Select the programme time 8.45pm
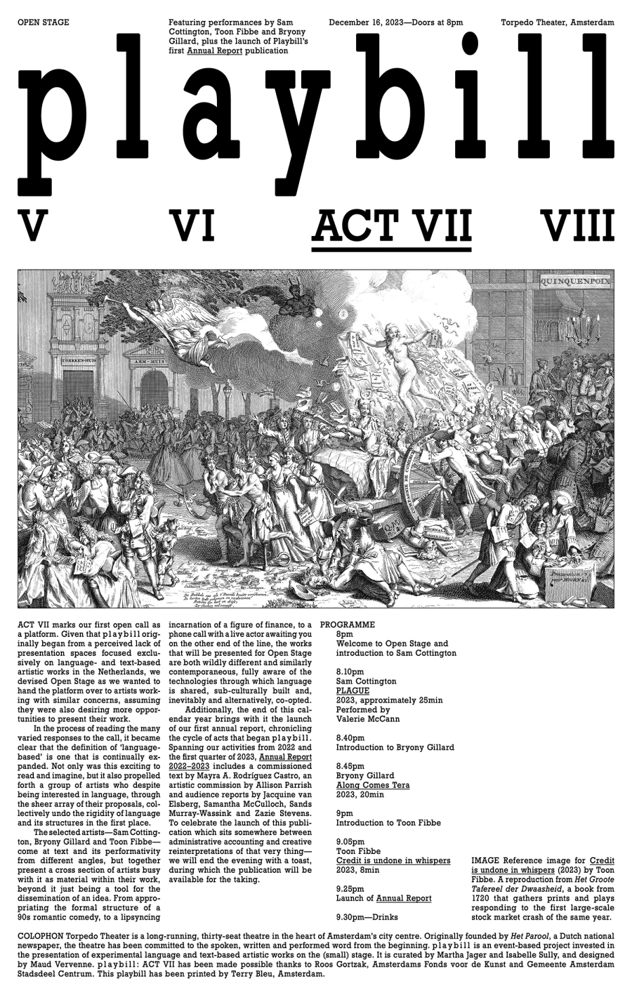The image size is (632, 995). point(350,766)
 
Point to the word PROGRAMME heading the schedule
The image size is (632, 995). point(347,624)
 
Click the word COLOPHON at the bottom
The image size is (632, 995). point(41,937)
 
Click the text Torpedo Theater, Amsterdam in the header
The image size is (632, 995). point(558,22)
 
